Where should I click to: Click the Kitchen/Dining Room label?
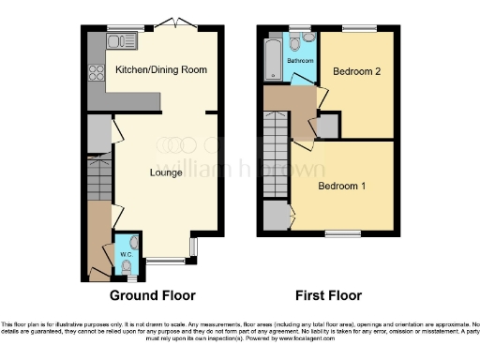pos(160,70)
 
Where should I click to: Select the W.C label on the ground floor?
pos(125,252)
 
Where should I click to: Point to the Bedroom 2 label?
pos(356,72)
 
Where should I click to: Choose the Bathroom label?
pos(300,61)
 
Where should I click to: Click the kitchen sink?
pos(122,41)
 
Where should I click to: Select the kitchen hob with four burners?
pos(96,72)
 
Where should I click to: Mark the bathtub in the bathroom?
pos(273,59)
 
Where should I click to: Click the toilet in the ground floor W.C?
pos(127,266)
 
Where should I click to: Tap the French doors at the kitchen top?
pos(174,24)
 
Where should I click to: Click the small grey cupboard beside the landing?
pos(328,127)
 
